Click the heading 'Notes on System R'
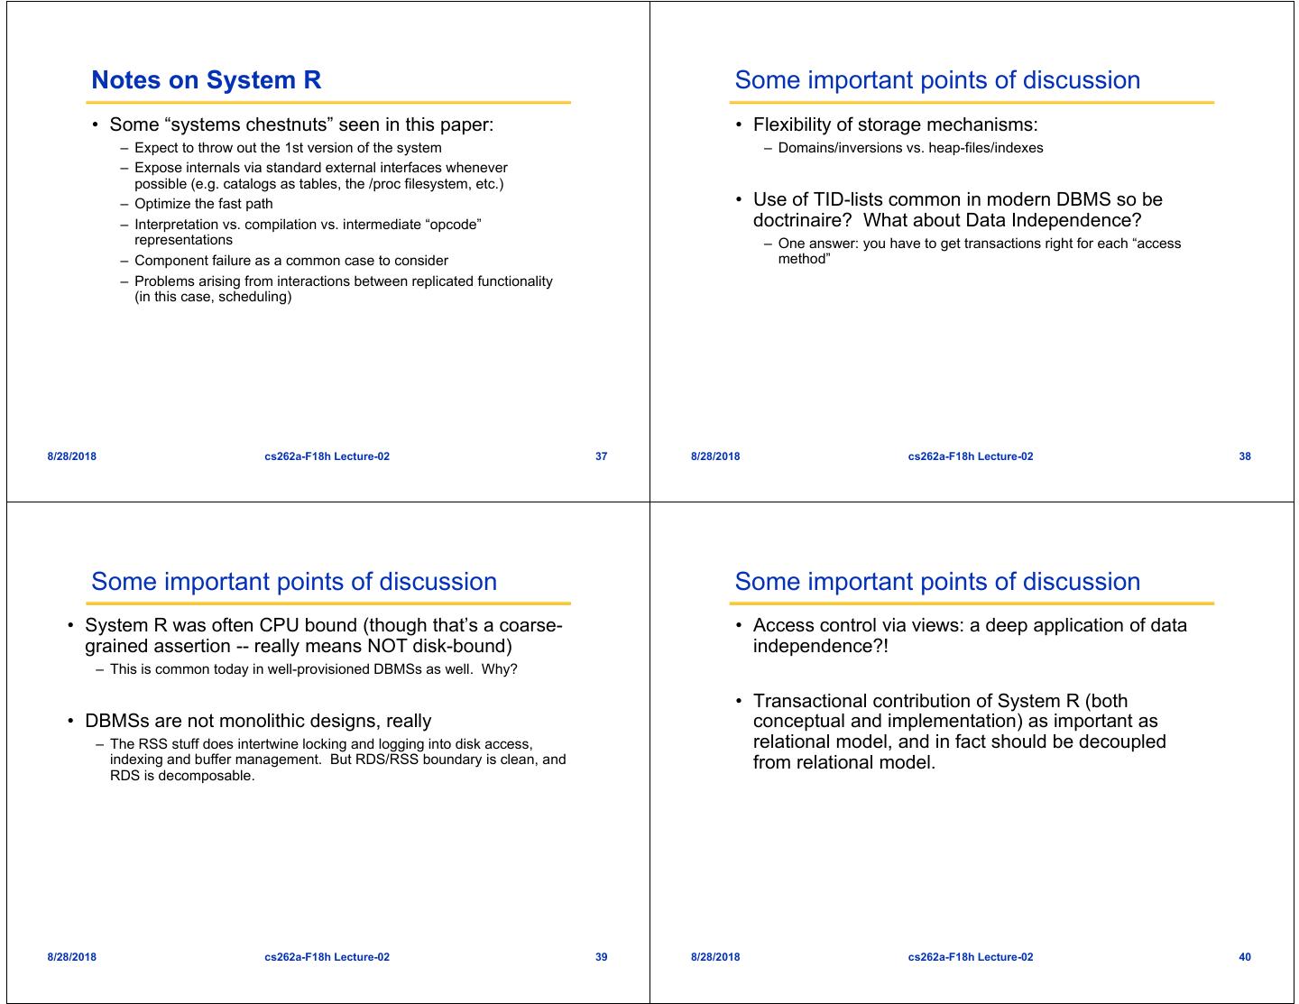(206, 80)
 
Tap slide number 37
(602, 456)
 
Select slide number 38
(1245, 456)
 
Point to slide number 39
(602, 957)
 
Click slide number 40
(1245, 957)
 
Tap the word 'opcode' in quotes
(453, 224)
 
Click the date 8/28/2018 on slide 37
(72, 456)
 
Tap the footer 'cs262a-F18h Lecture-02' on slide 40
(971, 957)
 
